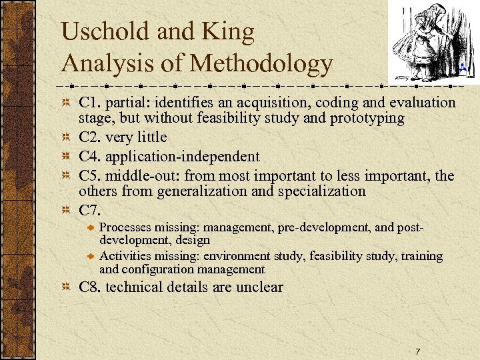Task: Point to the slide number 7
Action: pos(417,351)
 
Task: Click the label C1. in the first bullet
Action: pos(91,103)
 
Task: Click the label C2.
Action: pos(91,138)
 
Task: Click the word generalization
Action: pos(223,192)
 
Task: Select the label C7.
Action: pos(91,211)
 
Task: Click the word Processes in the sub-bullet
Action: pos(126,227)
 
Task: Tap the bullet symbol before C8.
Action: pos(66,288)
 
